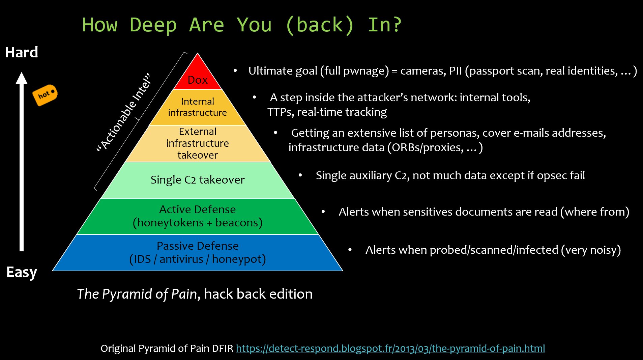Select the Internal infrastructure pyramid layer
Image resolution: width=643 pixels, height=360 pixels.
198,107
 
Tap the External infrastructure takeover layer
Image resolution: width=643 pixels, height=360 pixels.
198,143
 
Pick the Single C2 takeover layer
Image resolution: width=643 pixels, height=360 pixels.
198,180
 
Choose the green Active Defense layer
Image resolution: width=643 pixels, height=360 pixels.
198,216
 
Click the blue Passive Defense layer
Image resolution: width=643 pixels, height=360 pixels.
198,252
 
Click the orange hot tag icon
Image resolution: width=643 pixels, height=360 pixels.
45,95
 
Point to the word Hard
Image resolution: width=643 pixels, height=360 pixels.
22,53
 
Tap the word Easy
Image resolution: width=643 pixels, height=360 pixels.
22,272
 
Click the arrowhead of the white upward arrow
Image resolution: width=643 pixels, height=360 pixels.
22,78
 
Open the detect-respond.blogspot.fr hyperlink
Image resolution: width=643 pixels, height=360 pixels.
390,349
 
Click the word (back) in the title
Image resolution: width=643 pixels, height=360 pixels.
319,25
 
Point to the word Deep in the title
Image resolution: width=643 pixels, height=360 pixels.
153,25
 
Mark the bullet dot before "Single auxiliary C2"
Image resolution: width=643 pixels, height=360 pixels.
300,175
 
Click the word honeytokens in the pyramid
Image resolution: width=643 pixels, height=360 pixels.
171,223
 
